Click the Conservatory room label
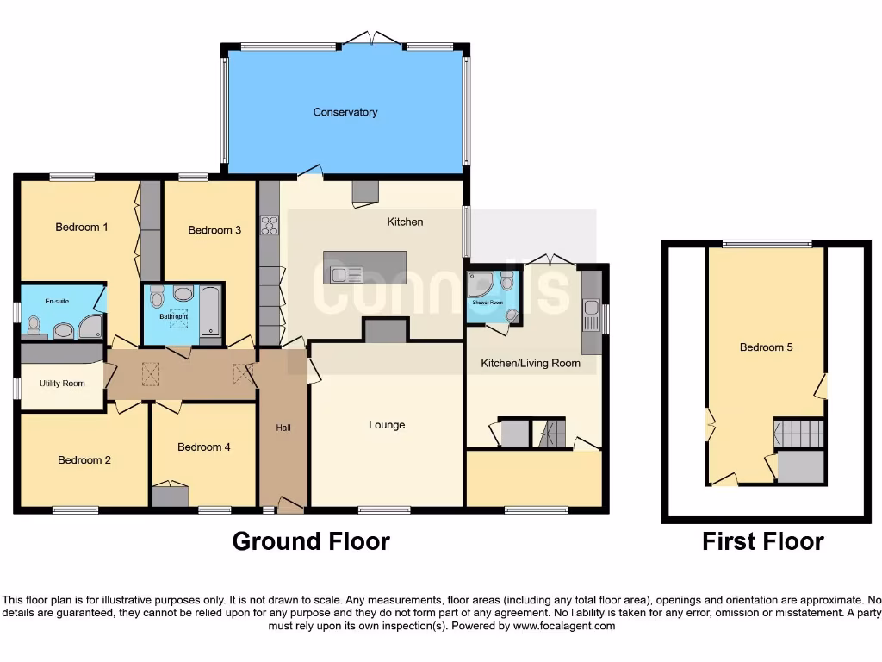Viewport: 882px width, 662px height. [x=345, y=112]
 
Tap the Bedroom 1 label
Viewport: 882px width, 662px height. [x=82, y=228]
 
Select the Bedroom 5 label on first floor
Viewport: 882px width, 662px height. [x=766, y=347]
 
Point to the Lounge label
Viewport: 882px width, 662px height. [x=387, y=425]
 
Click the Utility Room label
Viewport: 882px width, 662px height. [x=62, y=383]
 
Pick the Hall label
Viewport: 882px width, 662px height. [x=283, y=428]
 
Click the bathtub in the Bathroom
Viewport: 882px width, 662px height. [x=211, y=312]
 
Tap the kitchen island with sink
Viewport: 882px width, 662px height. [x=364, y=267]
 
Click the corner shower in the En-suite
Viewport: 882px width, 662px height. [x=90, y=326]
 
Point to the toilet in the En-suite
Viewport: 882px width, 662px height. [x=34, y=324]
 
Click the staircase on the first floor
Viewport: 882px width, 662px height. [x=798, y=433]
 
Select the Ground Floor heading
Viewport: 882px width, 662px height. [x=311, y=541]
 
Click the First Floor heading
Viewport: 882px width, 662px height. [x=762, y=541]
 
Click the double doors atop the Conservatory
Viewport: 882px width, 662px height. [x=370, y=39]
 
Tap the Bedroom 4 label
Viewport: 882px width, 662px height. [x=203, y=447]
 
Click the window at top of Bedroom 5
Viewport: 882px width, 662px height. [x=766, y=243]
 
